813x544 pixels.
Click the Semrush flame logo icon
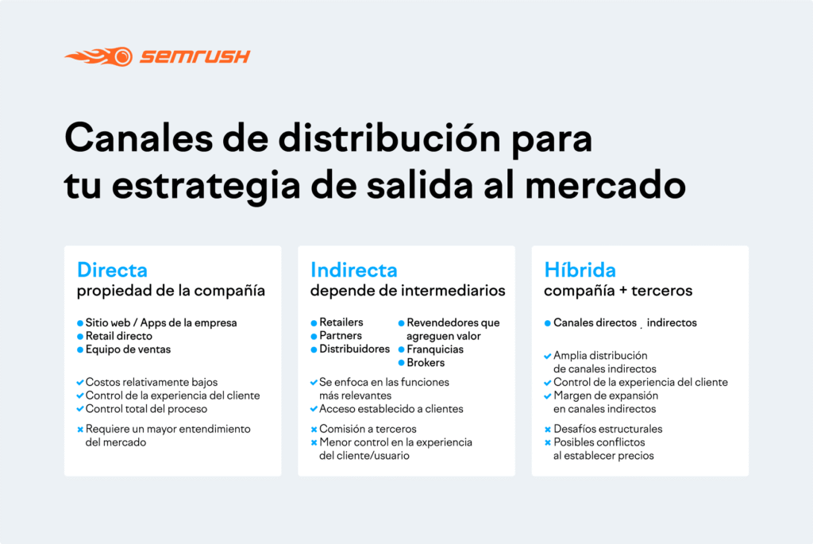(x=98, y=56)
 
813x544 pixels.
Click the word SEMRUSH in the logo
(x=195, y=56)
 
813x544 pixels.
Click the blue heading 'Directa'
(x=112, y=270)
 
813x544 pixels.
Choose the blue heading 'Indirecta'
(x=354, y=270)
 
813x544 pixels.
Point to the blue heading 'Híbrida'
(x=580, y=270)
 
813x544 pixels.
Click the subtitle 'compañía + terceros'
(x=618, y=291)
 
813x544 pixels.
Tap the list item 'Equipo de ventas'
(x=128, y=349)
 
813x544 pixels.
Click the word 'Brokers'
(x=426, y=363)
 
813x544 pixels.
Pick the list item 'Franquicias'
(x=435, y=349)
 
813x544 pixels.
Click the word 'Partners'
(x=341, y=336)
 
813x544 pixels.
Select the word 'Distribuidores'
(x=354, y=349)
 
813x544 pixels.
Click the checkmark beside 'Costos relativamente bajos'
(x=80, y=383)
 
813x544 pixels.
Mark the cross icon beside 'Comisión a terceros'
(x=314, y=430)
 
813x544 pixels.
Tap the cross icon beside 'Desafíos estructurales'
(x=548, y=430)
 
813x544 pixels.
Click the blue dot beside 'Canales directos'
(x=548, y=324)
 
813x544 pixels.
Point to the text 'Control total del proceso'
(x=146, y=409)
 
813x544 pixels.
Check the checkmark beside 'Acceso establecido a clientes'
(x=314, y=409)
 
